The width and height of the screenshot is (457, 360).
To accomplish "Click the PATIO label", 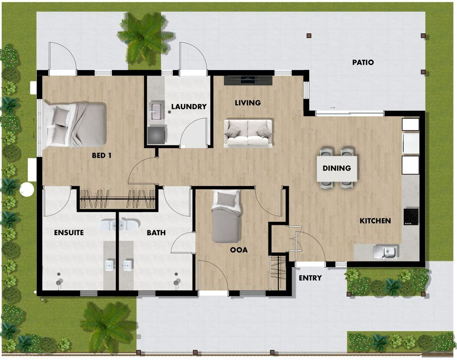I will tap(363, 63).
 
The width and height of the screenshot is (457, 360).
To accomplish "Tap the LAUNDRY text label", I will tap(189, 107).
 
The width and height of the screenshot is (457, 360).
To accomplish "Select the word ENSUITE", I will tap(69, 232).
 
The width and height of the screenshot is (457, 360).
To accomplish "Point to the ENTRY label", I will tap(310, 278).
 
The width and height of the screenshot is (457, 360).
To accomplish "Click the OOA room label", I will tap(238, 250).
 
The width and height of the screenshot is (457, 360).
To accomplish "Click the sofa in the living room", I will tap(248, 132).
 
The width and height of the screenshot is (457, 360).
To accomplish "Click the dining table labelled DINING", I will tap(337, 168).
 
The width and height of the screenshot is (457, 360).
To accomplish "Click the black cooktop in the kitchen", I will tap(411, 216).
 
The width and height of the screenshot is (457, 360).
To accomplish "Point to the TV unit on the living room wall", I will tap(248, 80).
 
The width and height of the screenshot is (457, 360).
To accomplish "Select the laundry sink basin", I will tap(157, 112).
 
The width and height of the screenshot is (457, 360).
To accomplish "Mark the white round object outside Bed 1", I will tap(27, 189).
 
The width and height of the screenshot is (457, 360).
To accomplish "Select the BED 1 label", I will tap(101, 156).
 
